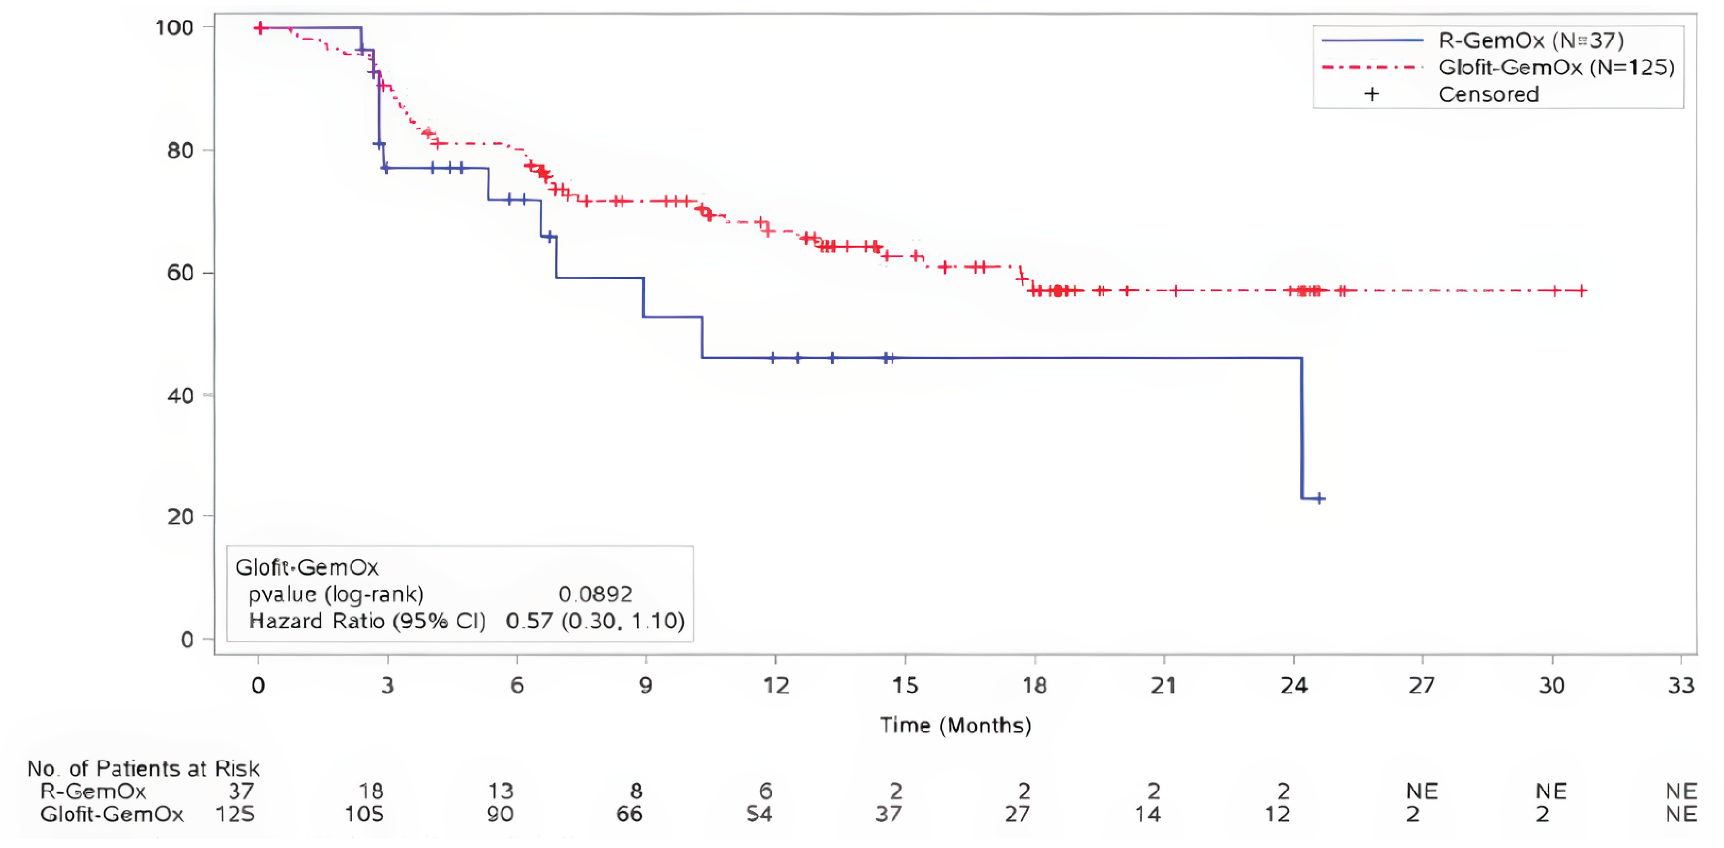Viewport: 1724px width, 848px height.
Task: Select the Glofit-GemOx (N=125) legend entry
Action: (1555, 67)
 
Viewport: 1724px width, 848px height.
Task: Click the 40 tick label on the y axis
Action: (179, 396)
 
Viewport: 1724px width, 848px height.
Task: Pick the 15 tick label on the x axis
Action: (905, 686)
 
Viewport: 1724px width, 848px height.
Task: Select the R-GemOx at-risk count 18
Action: (371, 792)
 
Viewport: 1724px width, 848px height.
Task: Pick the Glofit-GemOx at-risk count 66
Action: (629, 815)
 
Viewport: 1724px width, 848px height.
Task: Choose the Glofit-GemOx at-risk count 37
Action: (888, 815)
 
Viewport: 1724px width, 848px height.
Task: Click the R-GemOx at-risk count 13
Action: (500, 792)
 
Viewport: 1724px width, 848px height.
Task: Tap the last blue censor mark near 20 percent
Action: (1319, 498)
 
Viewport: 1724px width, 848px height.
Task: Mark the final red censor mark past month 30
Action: (1581, 291)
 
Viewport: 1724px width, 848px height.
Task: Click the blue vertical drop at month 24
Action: (1302, 428)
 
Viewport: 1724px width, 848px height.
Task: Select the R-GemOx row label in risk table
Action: (93, 792)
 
